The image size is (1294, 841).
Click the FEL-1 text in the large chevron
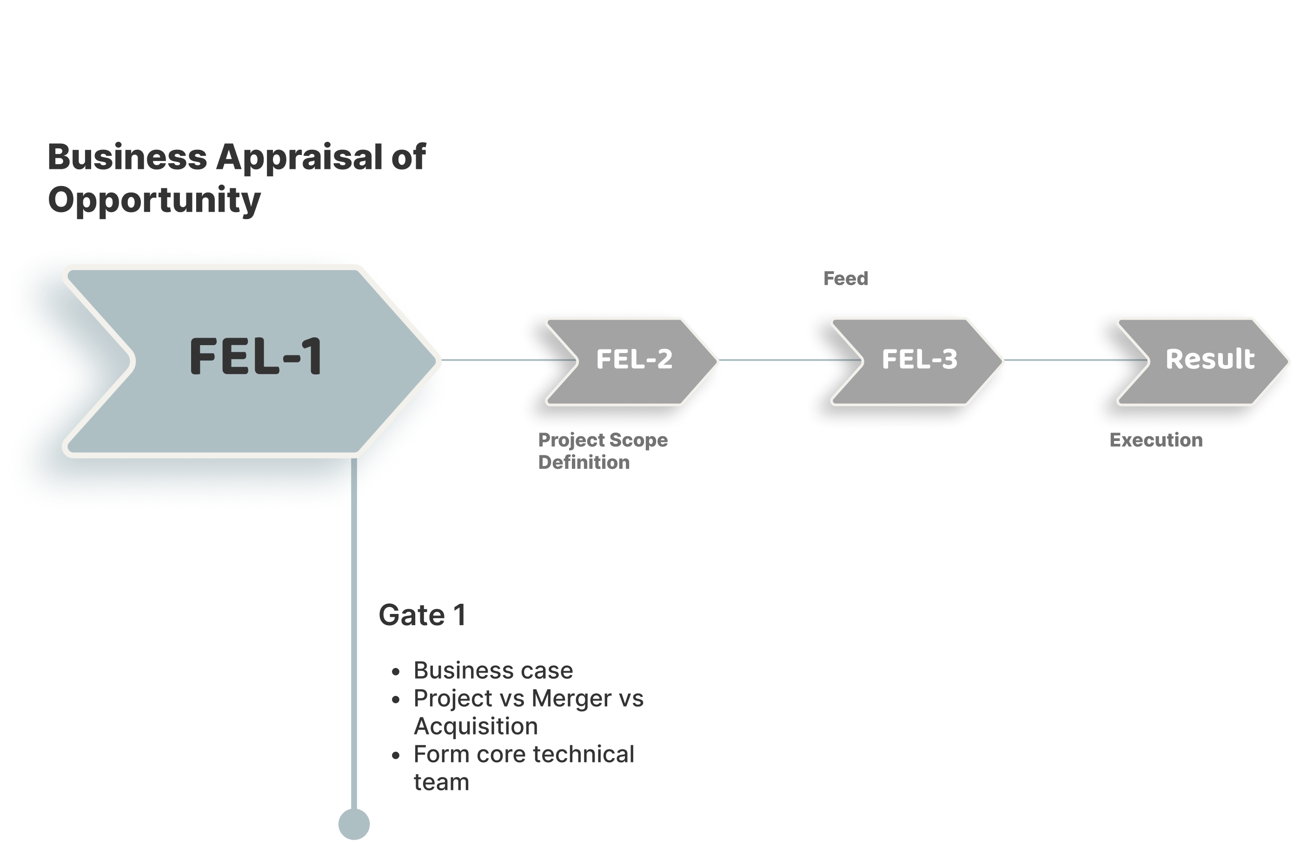coord(256,357)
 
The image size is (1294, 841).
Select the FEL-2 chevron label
coord(634,359)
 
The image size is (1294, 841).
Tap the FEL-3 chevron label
coord(919,359)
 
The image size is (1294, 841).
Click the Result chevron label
coord(1210,359)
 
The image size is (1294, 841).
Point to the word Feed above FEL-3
coord(845,279)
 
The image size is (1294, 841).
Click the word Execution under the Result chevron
coord(1156,440)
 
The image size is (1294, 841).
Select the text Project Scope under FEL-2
coord(603,440)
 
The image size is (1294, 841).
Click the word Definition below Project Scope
coord(584,462)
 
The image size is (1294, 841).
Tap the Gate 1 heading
coord(422,615)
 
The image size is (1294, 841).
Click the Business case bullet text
coord(493,670)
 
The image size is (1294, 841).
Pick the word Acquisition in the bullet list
coord(476,726)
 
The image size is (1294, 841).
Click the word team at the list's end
coord(441,782)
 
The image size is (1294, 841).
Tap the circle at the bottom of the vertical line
coord(354,824)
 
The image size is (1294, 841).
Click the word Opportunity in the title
coord(154,200)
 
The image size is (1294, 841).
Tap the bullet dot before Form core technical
coord(396,755)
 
